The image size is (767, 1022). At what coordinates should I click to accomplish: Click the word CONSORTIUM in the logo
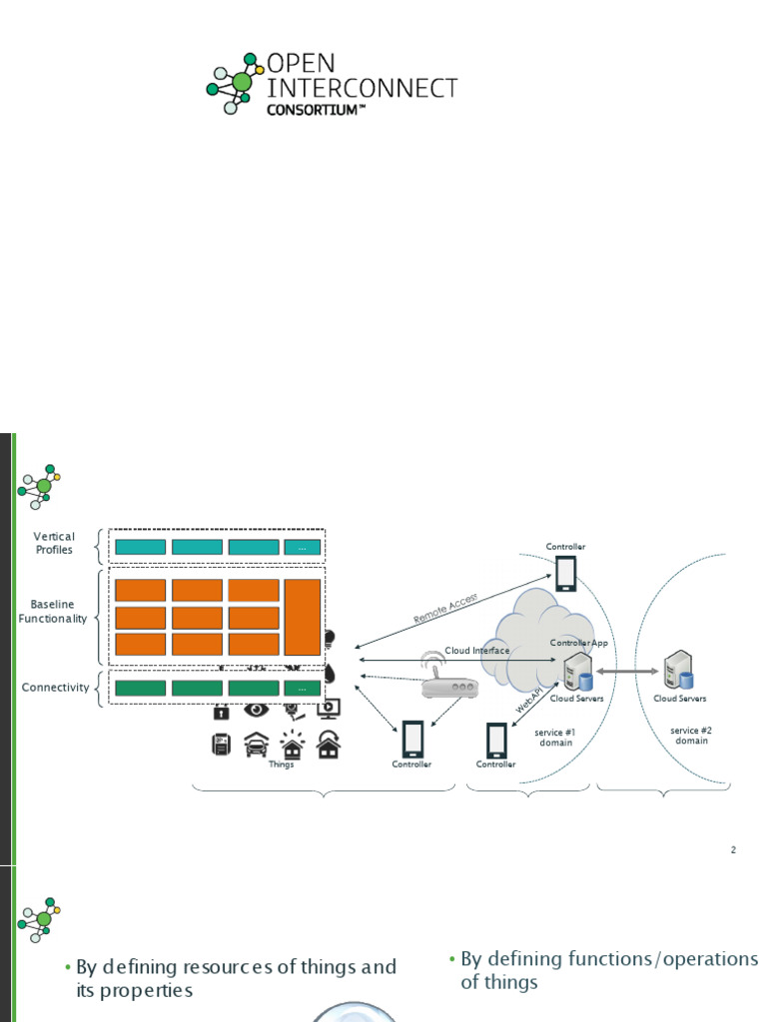pos(309,110)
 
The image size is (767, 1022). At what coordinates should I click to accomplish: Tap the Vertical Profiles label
pos(54,543)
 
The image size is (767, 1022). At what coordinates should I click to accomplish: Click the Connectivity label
pos(55,688)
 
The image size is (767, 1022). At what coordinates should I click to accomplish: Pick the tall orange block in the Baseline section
pos(302,617)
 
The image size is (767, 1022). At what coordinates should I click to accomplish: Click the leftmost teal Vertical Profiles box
pos(140,547)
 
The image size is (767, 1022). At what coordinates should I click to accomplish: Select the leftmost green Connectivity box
pos(140,688)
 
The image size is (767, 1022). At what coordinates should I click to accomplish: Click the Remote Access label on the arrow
pos(446,608)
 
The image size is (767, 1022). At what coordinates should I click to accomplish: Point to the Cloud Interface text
pos(477,651)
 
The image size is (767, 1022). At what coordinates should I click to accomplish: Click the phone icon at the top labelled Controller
pos(565,573)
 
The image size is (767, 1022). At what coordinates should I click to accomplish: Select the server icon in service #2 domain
pos(679,670)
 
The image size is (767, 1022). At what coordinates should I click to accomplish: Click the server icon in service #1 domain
pos(576,673)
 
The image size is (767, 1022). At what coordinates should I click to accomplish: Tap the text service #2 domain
pos(691,736)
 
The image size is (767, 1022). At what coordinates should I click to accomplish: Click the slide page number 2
pos(733,850)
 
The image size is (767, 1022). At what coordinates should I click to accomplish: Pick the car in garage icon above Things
pos(256,745)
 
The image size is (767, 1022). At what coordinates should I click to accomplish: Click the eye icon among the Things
pos(256,710)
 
